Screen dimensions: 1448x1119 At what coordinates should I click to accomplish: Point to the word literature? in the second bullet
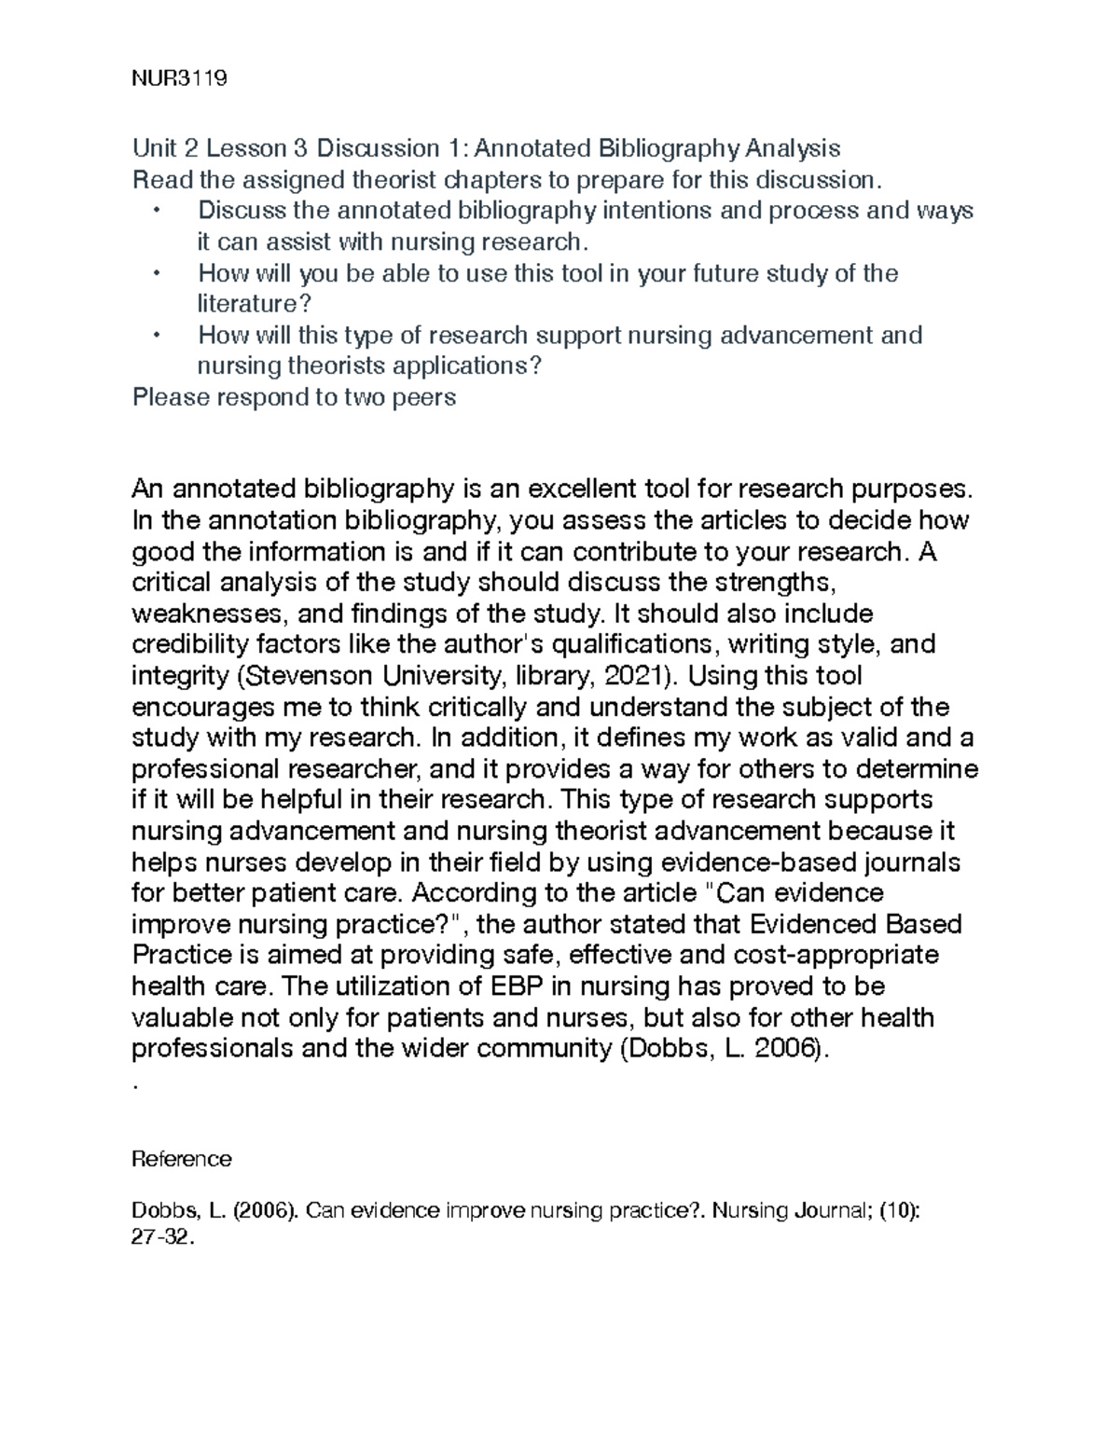tap(254, 304)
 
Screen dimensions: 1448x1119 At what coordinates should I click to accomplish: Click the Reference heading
tap(182, 1159)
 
